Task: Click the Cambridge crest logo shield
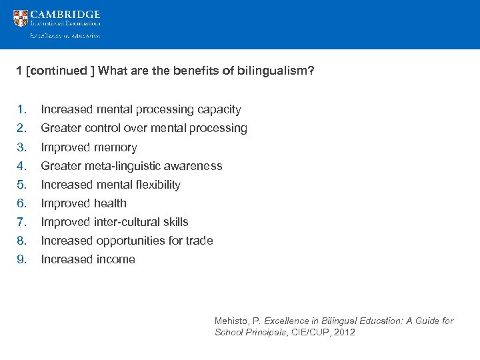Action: coord(21,19)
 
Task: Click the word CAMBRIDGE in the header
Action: coord(65,15)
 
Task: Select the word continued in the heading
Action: coord(58,71)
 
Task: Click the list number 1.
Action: coord(22,109)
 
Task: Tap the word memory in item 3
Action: coord(115,147)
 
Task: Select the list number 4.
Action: coord(22,166)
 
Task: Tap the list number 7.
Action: coord(22,222)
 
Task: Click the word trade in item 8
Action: coord(199,241)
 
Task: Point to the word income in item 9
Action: coord(115,259)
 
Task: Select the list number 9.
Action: coord(22,259)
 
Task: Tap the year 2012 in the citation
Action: coord(344,332)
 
